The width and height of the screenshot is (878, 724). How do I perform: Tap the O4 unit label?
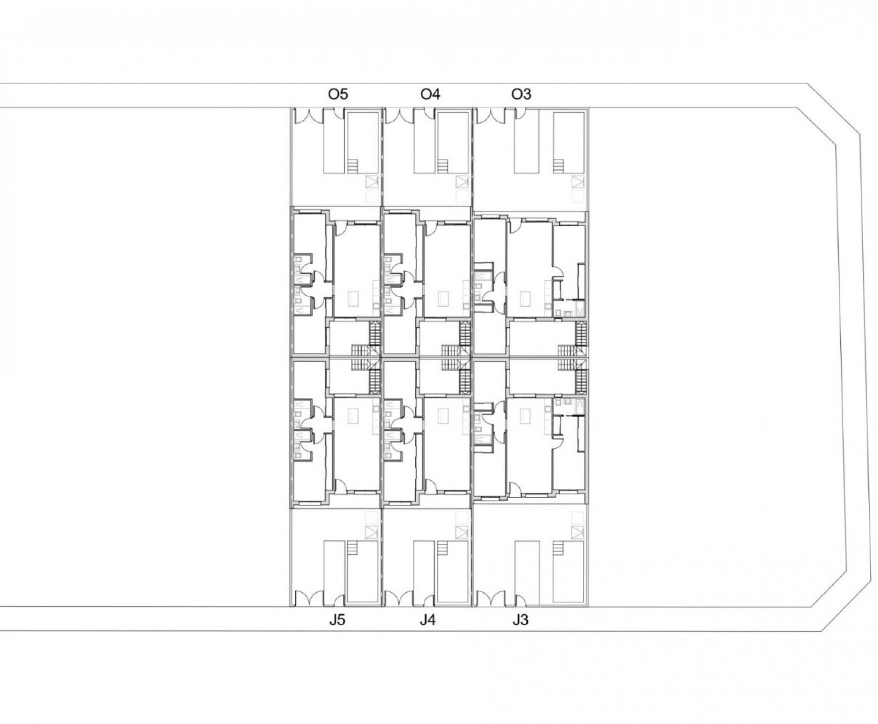[430, 95]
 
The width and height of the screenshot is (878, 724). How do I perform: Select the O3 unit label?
[521, 95]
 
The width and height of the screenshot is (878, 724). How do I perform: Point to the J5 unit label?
[337, 620]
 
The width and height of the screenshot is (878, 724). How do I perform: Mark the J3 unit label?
[520, 620]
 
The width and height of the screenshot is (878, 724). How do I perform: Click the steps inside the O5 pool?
[353, 167]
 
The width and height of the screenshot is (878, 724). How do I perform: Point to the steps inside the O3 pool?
[559, 167]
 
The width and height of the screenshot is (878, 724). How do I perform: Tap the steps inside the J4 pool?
[443, 548]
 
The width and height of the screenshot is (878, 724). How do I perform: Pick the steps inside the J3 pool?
[559, 548]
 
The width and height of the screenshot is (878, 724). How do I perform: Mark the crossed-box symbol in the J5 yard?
[371, 532]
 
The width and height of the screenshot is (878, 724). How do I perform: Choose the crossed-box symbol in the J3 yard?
[578, 532]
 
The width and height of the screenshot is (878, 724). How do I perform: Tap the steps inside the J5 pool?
[353, 548]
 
